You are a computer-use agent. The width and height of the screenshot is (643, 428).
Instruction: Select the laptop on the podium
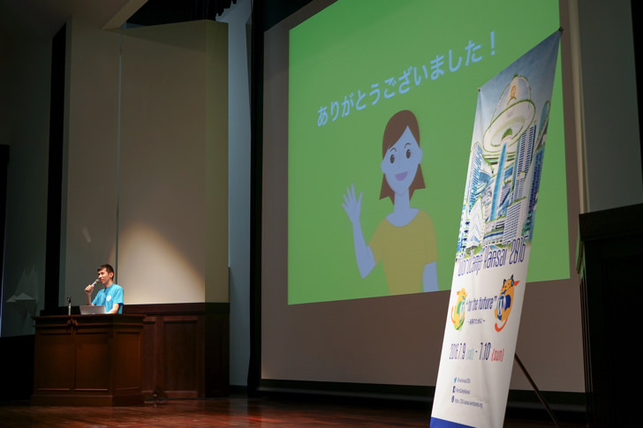point(91,310)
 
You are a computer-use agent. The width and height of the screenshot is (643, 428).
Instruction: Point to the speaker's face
point(105,275)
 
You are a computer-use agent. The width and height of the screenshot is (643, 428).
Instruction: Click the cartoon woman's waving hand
point(352,206)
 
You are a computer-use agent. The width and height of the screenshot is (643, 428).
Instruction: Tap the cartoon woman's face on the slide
point(402,162)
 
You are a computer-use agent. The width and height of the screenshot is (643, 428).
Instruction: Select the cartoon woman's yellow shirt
point(405,252)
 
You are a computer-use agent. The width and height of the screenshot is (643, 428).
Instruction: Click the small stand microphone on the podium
point(69,304)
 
